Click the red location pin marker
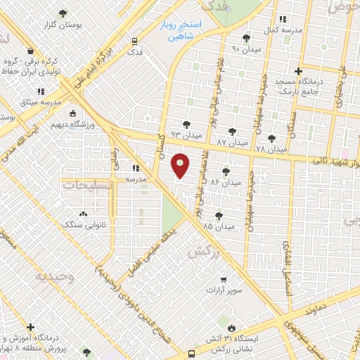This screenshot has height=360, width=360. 181,165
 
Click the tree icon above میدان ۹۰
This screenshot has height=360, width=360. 245,39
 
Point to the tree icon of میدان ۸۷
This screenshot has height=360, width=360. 232,131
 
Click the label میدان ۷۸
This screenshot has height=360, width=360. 271,149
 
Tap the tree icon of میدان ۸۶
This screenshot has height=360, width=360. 226,171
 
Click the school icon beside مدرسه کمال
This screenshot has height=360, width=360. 283,20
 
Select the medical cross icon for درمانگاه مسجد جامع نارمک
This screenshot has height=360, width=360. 299,71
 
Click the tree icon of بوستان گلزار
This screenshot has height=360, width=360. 63,13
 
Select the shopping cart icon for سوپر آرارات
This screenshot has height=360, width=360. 223,278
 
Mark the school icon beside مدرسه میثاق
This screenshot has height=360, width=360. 40,91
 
